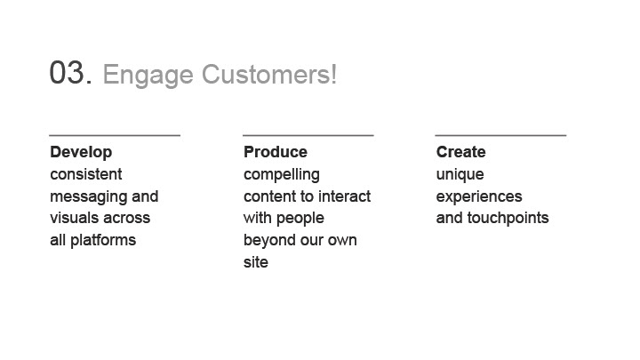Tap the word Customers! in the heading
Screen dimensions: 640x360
(x=269, y=75)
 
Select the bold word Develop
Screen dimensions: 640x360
(x=81, y=153)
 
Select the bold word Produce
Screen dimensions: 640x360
(x=276, y=152)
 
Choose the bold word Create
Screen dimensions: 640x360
(x=460, y=152)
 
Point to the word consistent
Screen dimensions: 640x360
(x=86, y=174)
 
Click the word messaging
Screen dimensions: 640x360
(x=87, y=197)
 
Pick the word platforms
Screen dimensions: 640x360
(x=103, y=241)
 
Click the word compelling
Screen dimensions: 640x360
(x=282, y=175)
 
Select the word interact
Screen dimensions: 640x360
(x=345, y=196)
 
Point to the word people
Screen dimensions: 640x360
(x=300, y=219)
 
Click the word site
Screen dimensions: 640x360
(x=256, y=262)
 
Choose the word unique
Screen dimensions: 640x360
(x=460, y=175)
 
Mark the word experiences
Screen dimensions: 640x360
(x=479, y=197)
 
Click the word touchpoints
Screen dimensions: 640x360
(x=508, y=219)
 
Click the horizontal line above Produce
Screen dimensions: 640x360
(x=308, y=135)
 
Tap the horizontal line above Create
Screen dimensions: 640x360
(x=500, y=135)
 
